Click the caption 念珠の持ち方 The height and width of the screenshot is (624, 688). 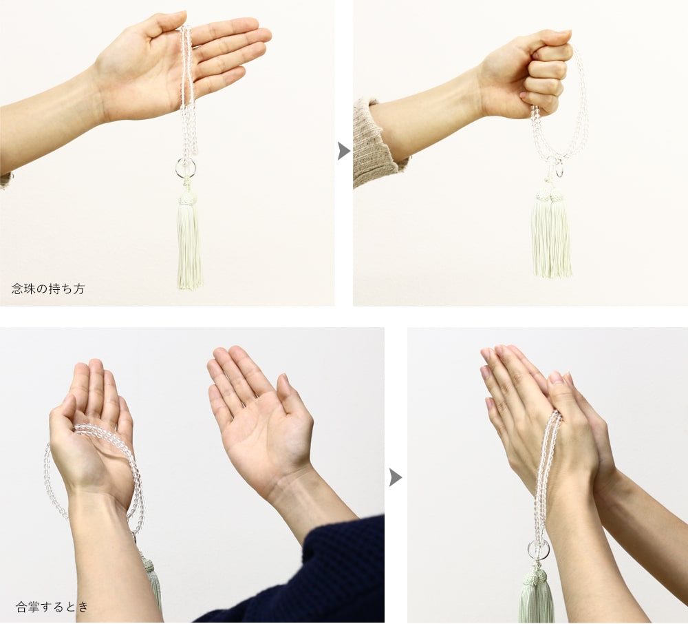[48, 289]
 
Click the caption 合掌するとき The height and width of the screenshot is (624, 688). [52, 607]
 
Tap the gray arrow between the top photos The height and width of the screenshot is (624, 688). [344, 151]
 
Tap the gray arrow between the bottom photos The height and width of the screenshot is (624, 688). [396, 477]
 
